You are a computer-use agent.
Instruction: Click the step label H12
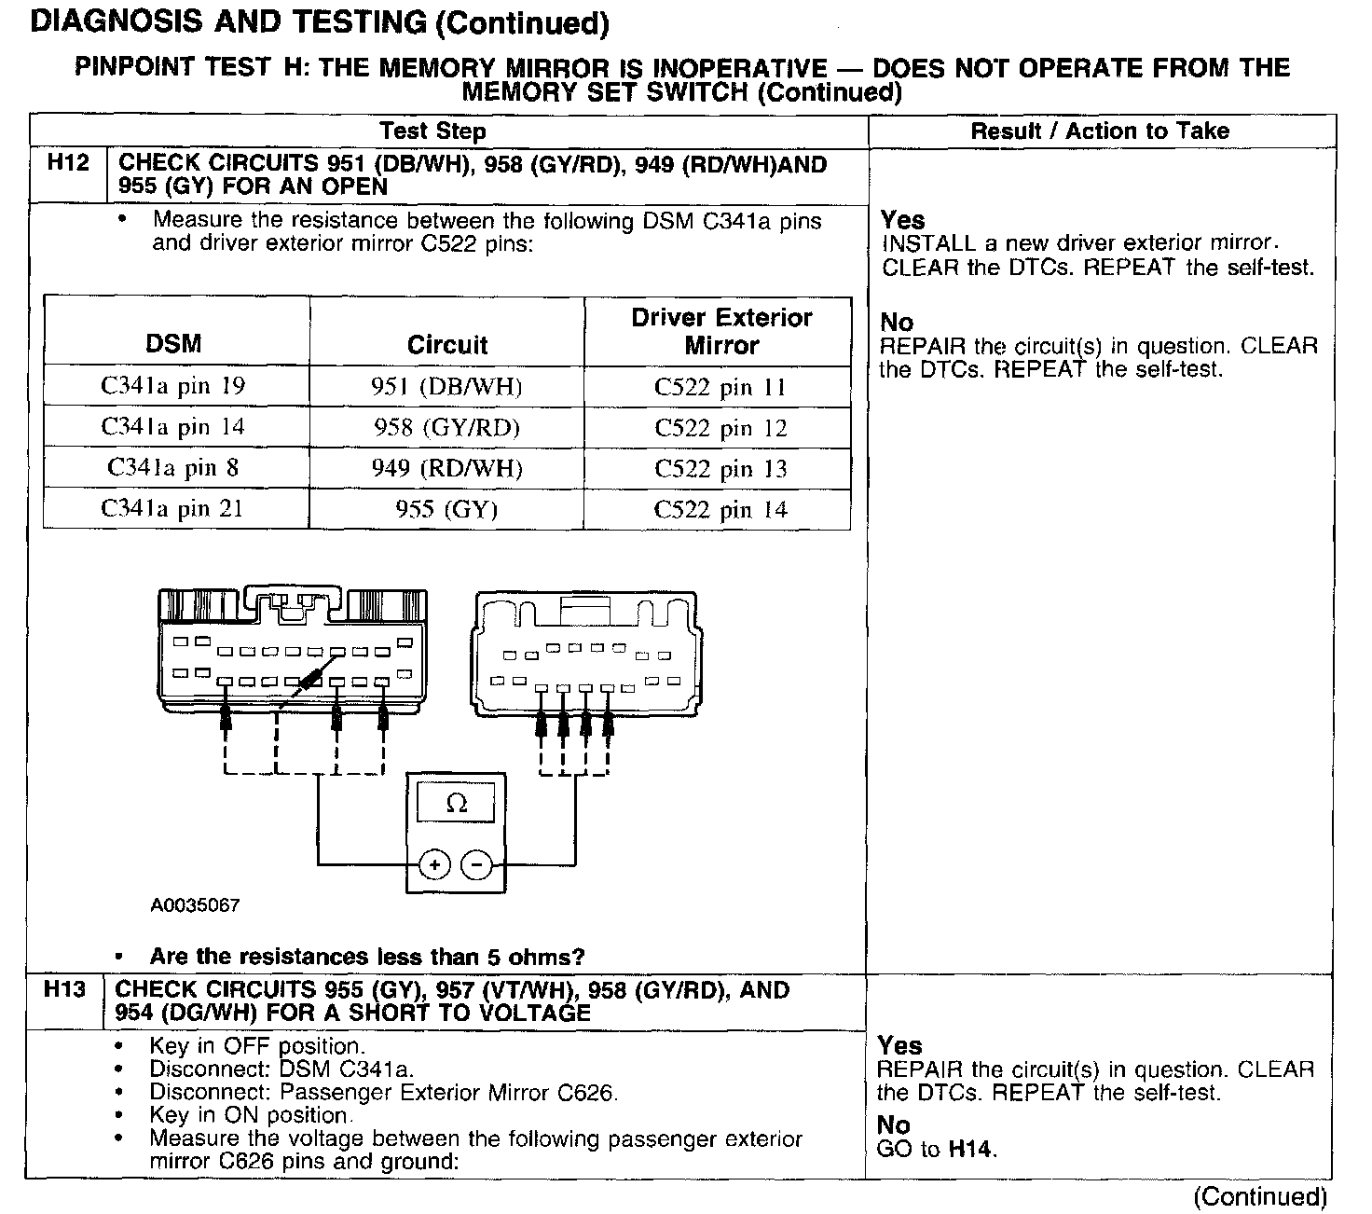(68, 163)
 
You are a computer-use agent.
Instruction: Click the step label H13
(64, 989)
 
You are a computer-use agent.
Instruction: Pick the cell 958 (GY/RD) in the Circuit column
(446, 427)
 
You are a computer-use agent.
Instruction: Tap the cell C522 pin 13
(720, 469)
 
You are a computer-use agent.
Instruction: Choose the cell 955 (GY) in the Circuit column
(446, 509)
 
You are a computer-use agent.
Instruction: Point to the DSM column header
(173, 343)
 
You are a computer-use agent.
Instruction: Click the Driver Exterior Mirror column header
(721, 331)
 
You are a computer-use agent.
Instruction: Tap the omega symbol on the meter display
(457, 803)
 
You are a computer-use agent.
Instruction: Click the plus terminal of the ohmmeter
(434, 865)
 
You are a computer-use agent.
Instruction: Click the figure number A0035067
(195, 905)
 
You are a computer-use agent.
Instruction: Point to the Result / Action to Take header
(1100, 131)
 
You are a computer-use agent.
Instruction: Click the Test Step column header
(432, 131)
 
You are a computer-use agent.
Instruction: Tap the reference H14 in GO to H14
(971, 1150)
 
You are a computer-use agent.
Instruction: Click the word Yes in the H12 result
(902, 220)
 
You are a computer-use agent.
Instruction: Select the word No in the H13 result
(893, 1125)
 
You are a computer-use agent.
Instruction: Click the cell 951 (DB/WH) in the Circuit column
(446, 387)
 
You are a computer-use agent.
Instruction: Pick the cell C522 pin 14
(720, 510)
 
